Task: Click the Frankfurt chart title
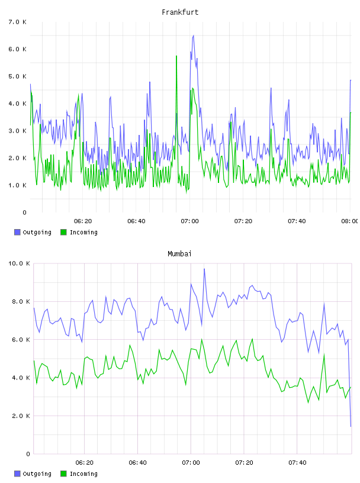pos(180,12)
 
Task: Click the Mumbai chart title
pos(179,254)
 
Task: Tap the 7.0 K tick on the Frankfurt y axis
pos(18,22)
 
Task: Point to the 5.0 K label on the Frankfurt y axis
pos(18,76)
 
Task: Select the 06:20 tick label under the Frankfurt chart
pos(83,221)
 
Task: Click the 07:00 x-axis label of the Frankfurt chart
pos(189,221)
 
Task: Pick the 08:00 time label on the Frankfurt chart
pos(350,221)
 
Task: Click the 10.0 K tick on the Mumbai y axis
pos(19,263)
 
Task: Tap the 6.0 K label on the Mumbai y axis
pos(21,339)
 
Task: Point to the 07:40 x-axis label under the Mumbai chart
pos(297,462)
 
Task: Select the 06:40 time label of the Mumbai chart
pos(137,462)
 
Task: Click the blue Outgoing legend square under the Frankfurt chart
pos(17,232)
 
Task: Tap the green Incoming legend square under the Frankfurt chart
pos(63,232)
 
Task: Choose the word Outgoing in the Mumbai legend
pos(37,474)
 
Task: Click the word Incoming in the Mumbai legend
pos(83,474)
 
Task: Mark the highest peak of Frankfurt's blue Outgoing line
pos(193,36)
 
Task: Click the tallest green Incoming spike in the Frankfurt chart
pos(176,56)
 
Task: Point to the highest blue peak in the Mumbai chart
pos(204,269)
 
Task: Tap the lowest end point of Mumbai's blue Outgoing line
pos(351,426)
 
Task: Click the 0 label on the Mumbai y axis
pos(28,454)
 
